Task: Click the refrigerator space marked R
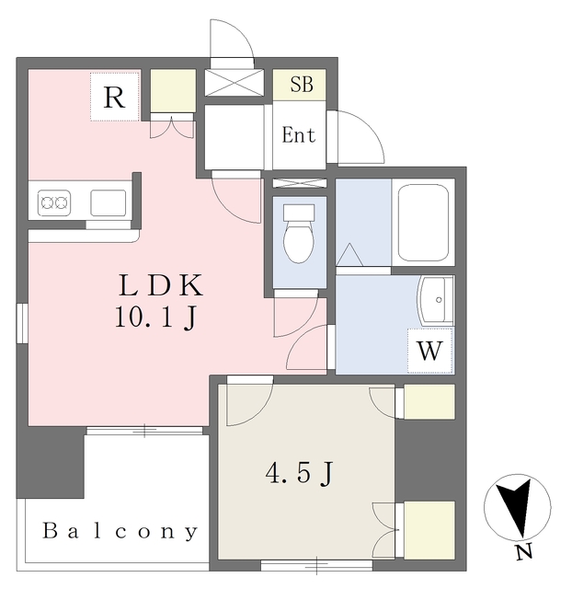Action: [x=115, y=97]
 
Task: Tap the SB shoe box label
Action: [x=301, y=85]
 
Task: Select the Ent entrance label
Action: [x=298, y=136]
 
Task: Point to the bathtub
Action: [x=422, y=222]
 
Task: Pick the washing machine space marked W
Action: [x=430, y=351]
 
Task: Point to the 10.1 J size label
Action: [x=154, y=318]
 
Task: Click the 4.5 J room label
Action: [x=299, y=474]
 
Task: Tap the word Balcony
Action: [x=120, y=531]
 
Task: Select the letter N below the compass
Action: [x=522, y=553]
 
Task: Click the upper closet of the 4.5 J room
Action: [x=429, y=402]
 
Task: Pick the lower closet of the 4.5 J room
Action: [x=429, y=529]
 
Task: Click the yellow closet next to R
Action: [x=173, y=91]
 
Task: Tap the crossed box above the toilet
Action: [x=299, y=183]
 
